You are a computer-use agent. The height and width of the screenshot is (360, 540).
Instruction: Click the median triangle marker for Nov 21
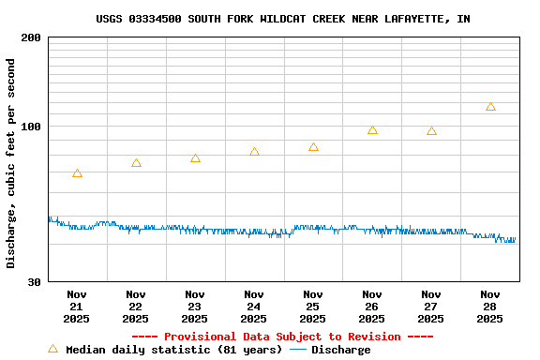tap(77, 173)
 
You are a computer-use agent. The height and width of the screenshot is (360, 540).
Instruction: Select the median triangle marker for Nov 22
tap(136, 163)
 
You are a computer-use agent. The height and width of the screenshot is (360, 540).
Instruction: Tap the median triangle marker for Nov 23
tap(195, 158)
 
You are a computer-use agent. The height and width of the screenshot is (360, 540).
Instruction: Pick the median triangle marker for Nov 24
tap(254, 152)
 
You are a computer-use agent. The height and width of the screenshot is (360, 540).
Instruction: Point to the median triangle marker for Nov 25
tap(313, 147)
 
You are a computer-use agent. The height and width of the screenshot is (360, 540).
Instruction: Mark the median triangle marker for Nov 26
tap(372, 130)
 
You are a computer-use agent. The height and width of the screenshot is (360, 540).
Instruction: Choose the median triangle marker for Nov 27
tap(431, 131)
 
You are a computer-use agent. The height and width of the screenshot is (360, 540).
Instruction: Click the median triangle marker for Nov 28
tap(490, 107)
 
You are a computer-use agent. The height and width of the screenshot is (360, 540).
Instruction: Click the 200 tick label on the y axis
tap(30, 37)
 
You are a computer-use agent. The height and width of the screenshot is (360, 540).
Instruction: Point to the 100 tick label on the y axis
tap(30, 127)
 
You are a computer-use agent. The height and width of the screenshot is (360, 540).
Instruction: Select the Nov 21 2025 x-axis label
tap(77, 306)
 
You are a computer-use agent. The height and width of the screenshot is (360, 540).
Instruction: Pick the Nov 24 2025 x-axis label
tap(254, 306)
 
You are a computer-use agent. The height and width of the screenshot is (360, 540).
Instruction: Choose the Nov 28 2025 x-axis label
tap(490, 306)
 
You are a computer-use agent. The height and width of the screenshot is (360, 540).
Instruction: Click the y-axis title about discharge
tap(11, 163)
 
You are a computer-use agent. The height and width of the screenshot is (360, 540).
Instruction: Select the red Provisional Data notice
tap(282, 337)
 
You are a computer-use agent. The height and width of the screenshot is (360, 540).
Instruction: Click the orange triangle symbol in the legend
tap(52, 349)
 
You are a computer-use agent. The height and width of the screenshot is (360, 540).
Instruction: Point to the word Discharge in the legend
tap(340, 350)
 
